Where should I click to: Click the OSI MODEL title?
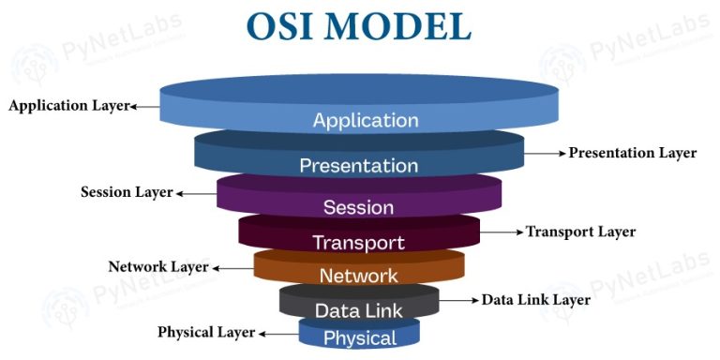pyautogui.click(x=359, y=25)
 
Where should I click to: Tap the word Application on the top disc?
pyautogui.click(x=366, y=120)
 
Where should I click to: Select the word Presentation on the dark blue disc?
pyautogui.click(x=358, y=166)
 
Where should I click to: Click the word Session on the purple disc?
pyautogui.click(x=358, y=207)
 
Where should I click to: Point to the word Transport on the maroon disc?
pyautogui.click(x=358, y=243)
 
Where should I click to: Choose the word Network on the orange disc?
pyautogui.click(x=358, y=276)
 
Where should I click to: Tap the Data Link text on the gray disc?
pyautogui.click(x=358, y=310)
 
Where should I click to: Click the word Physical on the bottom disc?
pyautogui.click(x=359, y=337)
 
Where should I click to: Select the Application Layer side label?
pyautogui.click(x=67, y=106)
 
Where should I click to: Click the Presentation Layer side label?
pyautogui.click(x=633, y=153)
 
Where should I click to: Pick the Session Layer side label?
pyautogui.click(x=127, y=192)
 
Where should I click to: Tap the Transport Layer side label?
pyautogui.click(x=580, y=232)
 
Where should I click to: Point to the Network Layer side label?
pyautogui.click(x=157, y=266)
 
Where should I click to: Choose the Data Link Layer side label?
pyautogui.click(x=535, y=300)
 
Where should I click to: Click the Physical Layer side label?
pyautogui.click(x=206, y=332)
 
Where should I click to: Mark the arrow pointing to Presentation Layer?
pyautogui.click(x=545, y=153)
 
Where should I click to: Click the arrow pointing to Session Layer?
pyautogui.click(x=195, y=193)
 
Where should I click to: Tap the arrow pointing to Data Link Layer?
pyautogui.click(x=458, y=300)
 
